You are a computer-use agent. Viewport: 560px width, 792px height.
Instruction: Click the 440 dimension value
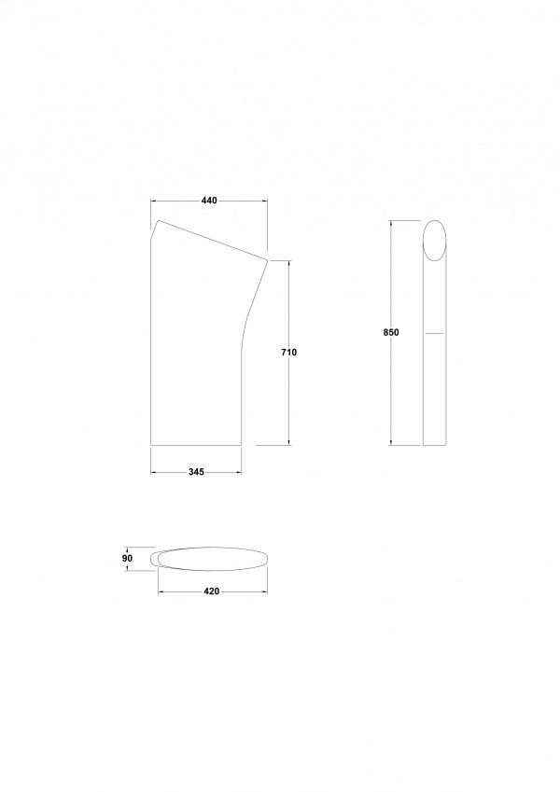click(209, 201)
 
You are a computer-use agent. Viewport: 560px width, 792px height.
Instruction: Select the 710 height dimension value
click(289, 353)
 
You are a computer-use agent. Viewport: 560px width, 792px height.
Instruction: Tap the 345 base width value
click(196, 472)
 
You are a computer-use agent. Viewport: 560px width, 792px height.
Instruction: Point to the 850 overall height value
click(392, 332)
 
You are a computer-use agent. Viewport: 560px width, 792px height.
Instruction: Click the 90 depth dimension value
click(127, 558)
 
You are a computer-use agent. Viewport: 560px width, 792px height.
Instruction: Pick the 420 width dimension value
click(211, 591)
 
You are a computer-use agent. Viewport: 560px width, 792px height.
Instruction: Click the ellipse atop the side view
click(435, 241)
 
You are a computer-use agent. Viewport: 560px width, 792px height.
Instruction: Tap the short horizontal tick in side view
click(435, 333)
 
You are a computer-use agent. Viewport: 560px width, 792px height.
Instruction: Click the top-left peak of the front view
click(158, 220)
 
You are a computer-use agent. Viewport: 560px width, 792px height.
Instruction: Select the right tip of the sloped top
click(267, 260)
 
